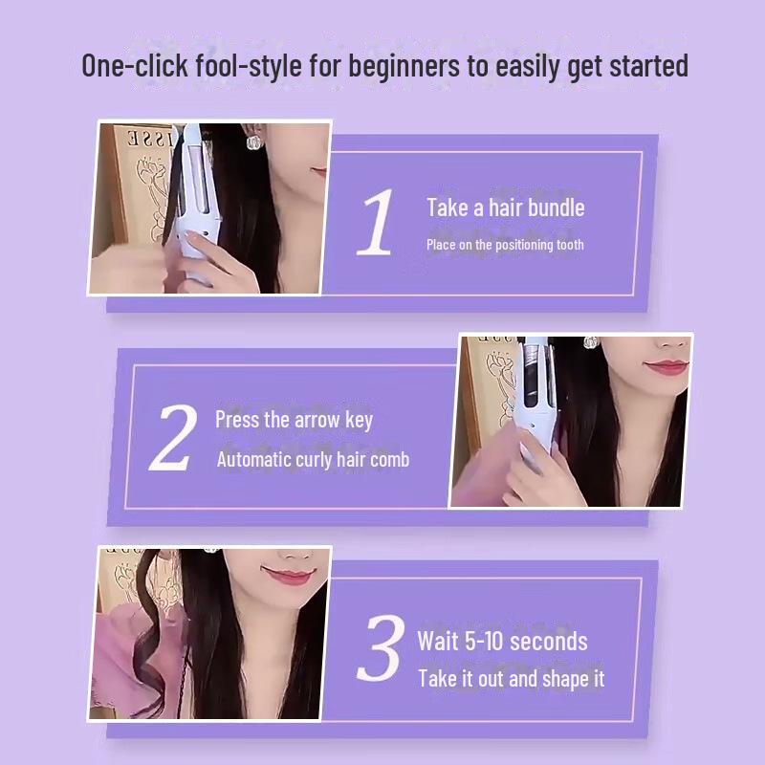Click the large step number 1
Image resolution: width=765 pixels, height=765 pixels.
[376, 224]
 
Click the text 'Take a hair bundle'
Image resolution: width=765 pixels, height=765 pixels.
[505, 208]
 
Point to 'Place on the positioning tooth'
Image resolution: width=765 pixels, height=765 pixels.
[505, 245]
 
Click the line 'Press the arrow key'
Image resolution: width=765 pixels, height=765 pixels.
[294, 420]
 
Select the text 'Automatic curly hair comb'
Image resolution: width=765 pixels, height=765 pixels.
[313, 460]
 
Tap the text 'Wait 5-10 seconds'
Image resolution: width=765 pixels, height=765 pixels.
[502, 641]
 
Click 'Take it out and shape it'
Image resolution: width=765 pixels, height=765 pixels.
[511, 680]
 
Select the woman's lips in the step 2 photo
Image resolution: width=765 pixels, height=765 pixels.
[666, 367]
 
